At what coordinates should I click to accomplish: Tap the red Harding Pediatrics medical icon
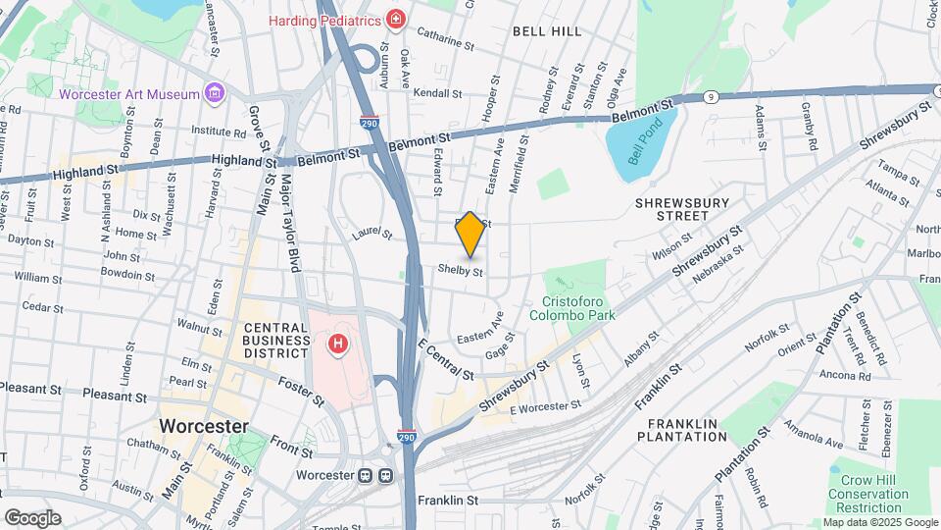tap(395, 19)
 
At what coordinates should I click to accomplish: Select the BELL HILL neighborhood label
tap(547, 31)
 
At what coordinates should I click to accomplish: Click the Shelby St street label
tap(461, 269)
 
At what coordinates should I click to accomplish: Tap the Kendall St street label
tap(436, 93)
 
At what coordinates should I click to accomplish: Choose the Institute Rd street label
tap(219, 130)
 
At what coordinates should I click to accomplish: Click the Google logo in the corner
tap(32, 517)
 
